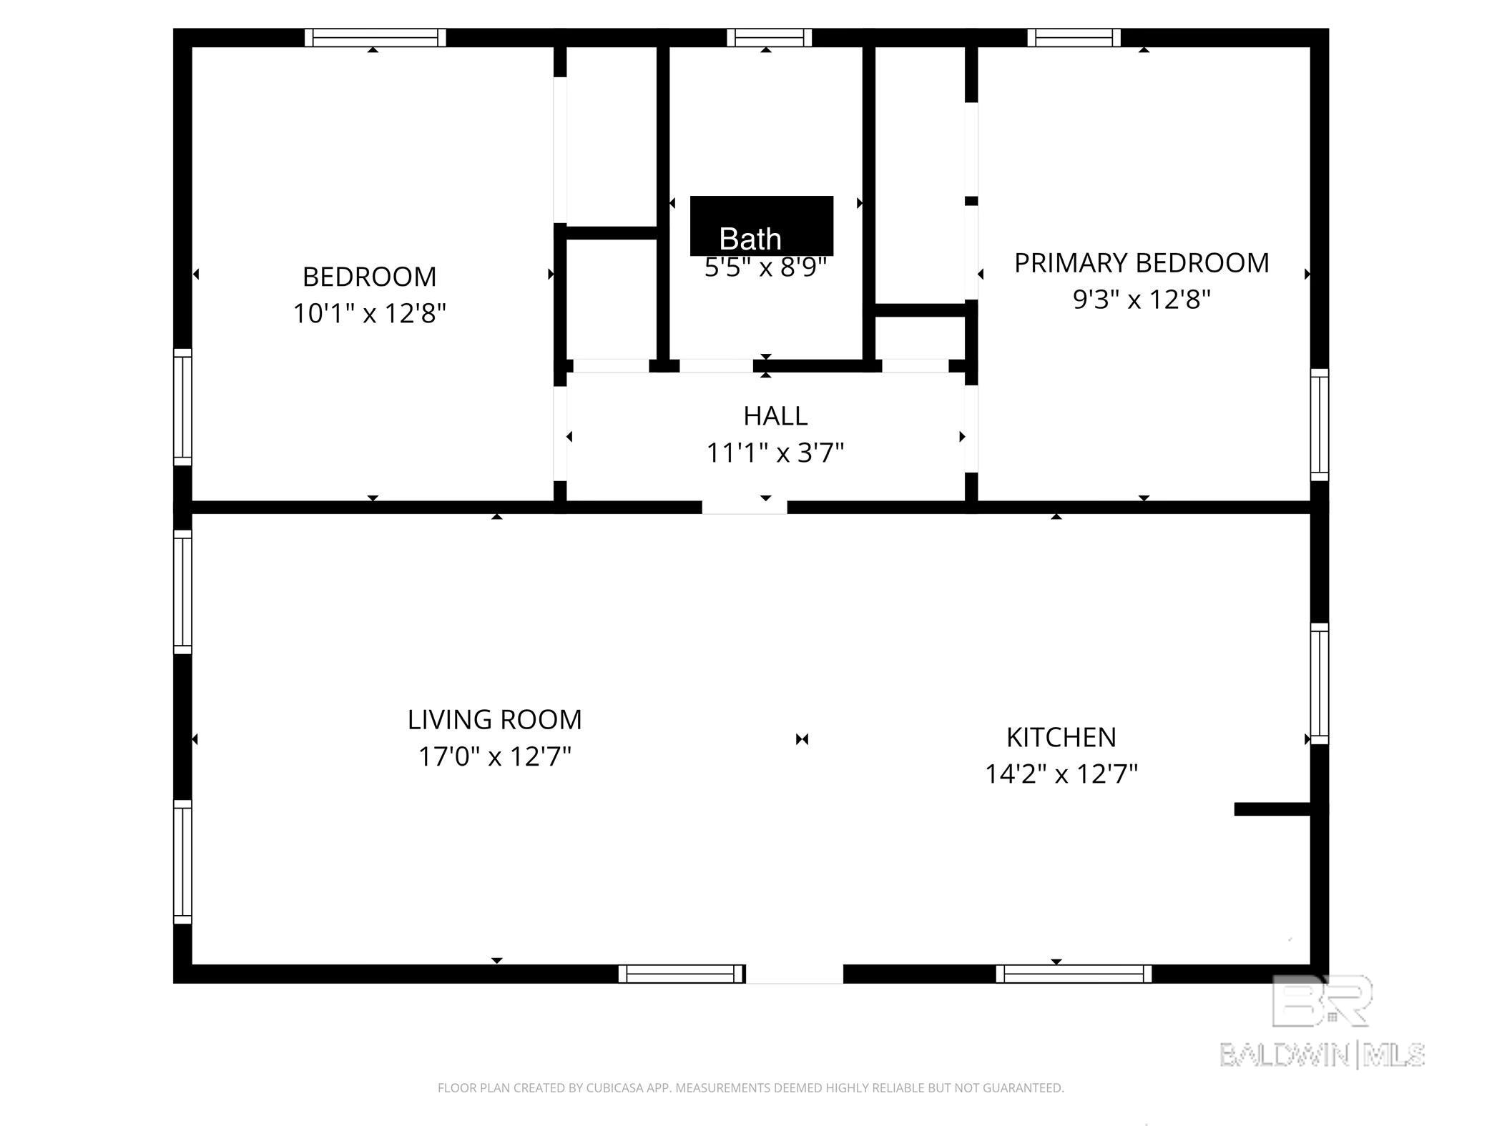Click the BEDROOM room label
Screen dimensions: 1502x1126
(369, 277)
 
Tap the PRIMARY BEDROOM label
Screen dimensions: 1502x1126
(1142, 263)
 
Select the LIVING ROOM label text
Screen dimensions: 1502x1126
(494, 719)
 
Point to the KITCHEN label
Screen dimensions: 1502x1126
(1061, 737)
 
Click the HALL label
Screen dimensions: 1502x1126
(775, 415)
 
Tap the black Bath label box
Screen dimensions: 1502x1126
(761, 226)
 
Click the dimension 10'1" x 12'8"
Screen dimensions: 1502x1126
(369, 313)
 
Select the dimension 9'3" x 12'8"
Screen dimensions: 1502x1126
(1142, 299)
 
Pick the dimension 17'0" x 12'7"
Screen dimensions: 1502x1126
(494, 756)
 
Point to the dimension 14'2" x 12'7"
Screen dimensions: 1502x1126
(1061, 774)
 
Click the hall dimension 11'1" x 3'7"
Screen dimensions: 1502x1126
(775, 453)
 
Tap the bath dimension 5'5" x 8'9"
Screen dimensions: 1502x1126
(765, 268)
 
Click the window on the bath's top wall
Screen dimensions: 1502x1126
(769, 37)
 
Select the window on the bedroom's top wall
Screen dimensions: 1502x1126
(375, 37)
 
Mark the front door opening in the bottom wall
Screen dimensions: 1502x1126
(794, 974)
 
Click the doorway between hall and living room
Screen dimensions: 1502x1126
(744, 507)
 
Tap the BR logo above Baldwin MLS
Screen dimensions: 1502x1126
(1322, 1001)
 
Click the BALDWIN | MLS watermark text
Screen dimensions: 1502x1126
(1322, 1055)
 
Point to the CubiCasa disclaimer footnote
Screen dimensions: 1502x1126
(750, 1088)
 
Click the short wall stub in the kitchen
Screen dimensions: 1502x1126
(1272, 809)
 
